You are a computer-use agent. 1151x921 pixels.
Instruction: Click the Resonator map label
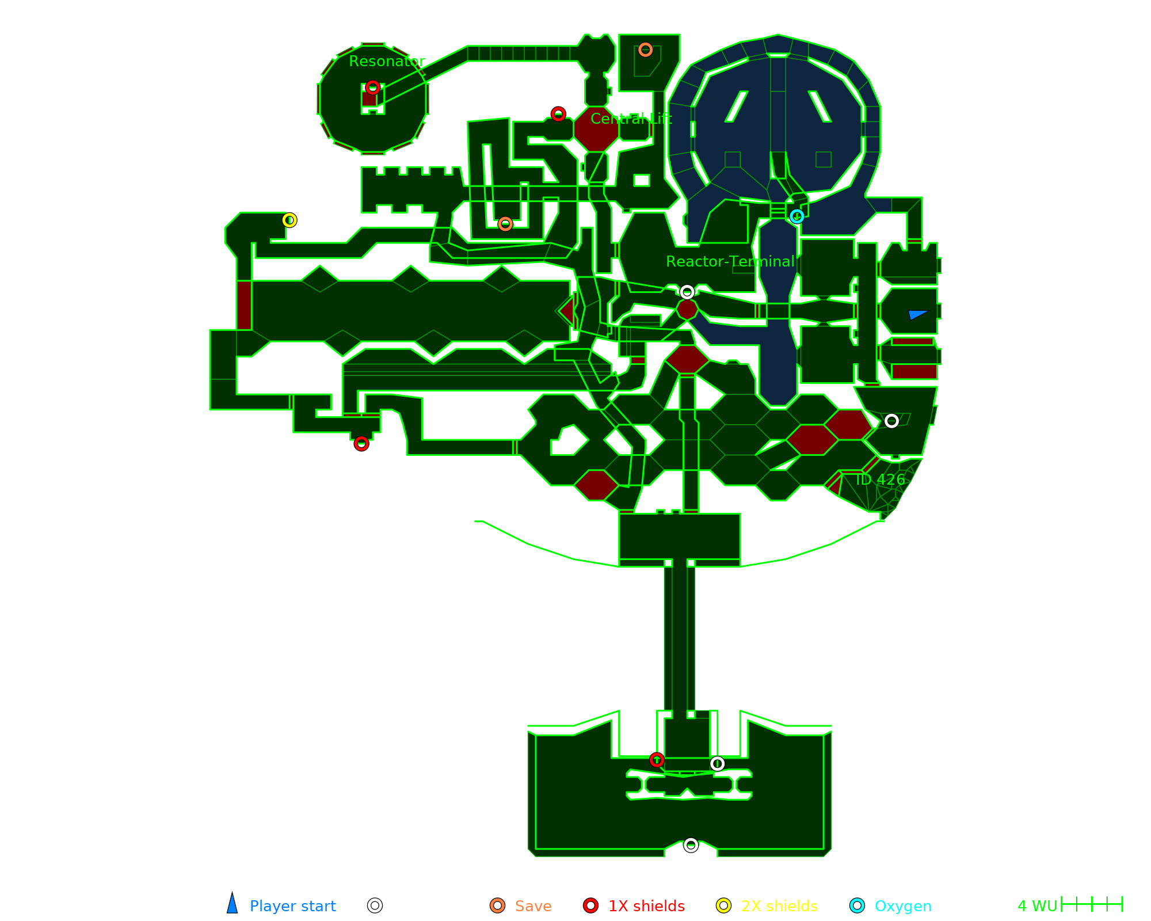coord(387,61)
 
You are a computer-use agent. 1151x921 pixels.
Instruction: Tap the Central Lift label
coord(631,119)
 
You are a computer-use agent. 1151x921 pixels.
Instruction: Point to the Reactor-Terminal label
coord(730,261)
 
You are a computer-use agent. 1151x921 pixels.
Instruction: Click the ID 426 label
coord(880,479)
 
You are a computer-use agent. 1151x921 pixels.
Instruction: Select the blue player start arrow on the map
coord(917,314)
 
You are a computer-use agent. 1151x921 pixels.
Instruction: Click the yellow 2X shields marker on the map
coord(289,220)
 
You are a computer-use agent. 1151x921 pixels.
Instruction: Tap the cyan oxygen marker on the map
coord(796,216)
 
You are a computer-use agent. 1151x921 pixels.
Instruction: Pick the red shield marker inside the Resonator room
coord(373,87)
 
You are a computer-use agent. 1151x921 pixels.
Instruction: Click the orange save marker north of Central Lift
coord(645,50)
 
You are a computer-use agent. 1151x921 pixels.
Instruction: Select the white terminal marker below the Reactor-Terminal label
coord(687,292)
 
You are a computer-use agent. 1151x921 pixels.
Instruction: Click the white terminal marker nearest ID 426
coord(891,421)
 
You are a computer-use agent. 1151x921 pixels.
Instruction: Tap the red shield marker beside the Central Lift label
coord(558,114)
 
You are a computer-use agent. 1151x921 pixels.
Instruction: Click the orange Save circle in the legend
coord(498,905)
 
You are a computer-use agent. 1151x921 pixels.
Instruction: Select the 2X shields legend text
coord(779,906)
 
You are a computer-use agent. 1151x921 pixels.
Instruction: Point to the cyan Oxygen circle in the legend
coord(857,905)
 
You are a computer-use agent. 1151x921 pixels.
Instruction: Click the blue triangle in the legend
coord(232,904)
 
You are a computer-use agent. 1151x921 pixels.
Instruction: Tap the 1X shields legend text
coord(646,906)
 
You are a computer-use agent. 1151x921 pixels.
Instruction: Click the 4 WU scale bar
coord(1092,904)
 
